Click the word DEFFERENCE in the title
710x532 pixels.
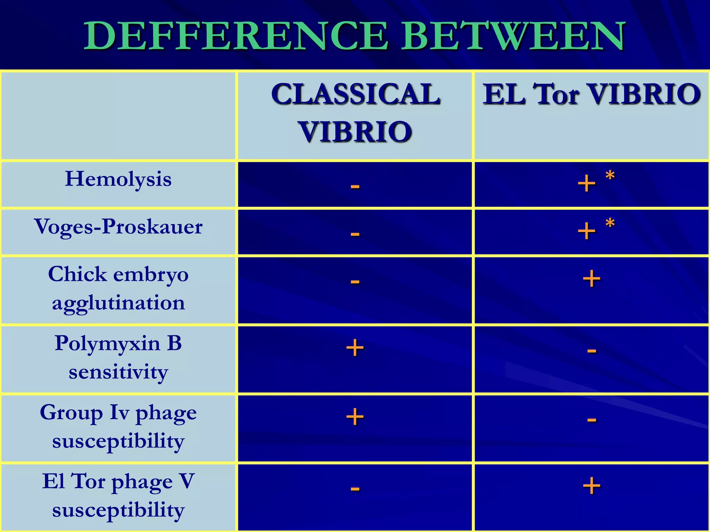click(x=236, y=36)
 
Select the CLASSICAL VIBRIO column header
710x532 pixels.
click(x=355, y=113)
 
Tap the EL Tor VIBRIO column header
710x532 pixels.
click(x=592, y=94)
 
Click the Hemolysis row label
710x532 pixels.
click(x=118, y=179)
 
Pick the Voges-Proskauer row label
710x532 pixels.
click(x=118, y=227)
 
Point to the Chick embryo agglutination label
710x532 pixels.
click(x=118, y=289)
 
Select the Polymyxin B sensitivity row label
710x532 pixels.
click(x=118, y=357)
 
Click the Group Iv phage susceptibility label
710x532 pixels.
click(x=118, y=426)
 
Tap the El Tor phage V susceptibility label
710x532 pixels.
click(x=118, y=495)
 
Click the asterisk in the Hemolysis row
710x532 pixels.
click(x=610, y=176)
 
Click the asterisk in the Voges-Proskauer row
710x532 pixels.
click(x=610, y=223)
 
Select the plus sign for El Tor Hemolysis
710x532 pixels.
click(x=587, y=184)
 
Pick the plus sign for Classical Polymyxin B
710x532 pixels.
click(x=355, y=348)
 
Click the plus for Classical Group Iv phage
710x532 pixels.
click(x=355, y=417)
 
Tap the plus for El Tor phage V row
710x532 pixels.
click(x=591, y=486)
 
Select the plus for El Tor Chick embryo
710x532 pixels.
click(x=591, y=279)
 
